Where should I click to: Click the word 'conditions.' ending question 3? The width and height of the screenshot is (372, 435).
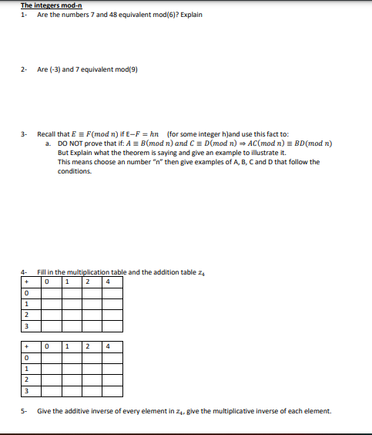[x=75, y=171]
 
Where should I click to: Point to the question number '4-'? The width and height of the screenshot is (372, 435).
[x=25, y=271]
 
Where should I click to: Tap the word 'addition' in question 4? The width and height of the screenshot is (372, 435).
[x=163, y=271]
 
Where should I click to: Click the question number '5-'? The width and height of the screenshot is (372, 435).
[x=25, y=410]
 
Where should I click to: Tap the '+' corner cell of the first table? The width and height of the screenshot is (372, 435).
[x=27, y=281]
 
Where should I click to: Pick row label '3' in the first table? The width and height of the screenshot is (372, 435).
[x=27, y=325]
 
